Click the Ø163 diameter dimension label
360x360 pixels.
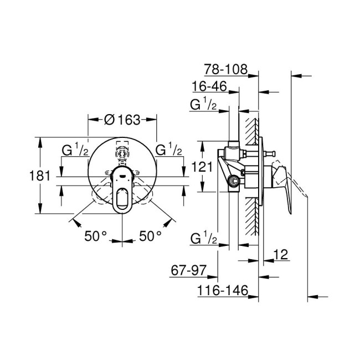(123, 119)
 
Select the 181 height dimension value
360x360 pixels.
(41, 176)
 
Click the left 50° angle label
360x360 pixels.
(95, 235)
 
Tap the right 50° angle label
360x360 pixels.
(150, 235)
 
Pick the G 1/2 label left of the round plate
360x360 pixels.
(74, 150)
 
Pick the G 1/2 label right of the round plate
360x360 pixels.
(169, 150)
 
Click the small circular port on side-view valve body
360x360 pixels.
(235, 180)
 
